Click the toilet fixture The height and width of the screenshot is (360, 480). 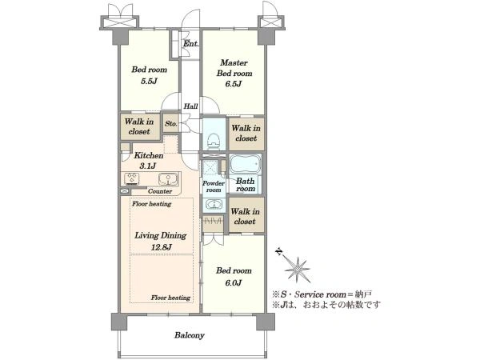(214, 141)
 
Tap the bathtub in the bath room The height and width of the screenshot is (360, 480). (246, 165)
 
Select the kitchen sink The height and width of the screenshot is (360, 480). (168, 179)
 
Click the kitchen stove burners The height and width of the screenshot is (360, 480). (133, 179)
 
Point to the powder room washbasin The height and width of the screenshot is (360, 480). (214, 203)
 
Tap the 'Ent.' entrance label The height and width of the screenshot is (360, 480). (191, 43)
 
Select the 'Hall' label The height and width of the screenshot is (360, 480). (190, 106)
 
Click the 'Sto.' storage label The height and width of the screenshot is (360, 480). (171, 123)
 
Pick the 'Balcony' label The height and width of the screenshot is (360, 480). (190, 335)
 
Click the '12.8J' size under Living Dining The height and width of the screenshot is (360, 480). (161, 247)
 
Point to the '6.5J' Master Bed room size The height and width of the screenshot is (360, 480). (234, 83)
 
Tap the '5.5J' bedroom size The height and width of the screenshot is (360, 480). (149, 81)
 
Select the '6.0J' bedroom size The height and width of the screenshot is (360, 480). (234, 282)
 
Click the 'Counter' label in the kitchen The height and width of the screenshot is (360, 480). (160, 191)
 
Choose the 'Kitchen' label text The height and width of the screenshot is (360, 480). (149, 155)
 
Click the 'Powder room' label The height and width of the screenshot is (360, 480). (214, 186)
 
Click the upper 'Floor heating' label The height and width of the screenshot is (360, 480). (151, 203)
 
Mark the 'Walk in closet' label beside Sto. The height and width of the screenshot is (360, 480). (139, 126)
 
